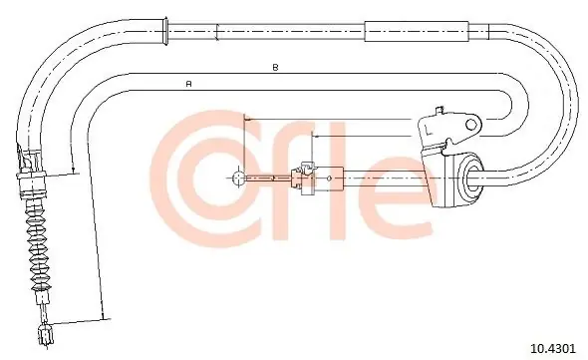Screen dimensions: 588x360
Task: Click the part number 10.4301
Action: (x=552, y=348)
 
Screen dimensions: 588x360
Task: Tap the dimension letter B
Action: (x=275, y=68)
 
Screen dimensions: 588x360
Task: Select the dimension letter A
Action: (x=189, y=84)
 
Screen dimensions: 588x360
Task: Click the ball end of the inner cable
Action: (x=238, y=178)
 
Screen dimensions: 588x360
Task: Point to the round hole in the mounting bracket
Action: (x=471, y=124)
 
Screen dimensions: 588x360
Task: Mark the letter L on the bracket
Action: (x=429, y=131)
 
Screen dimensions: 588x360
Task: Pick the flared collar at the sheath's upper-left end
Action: (x=163, y=32)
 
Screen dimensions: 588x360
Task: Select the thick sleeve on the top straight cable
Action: (x=417, y=31)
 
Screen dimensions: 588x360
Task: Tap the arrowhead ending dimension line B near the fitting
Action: (x=73, y=169)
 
